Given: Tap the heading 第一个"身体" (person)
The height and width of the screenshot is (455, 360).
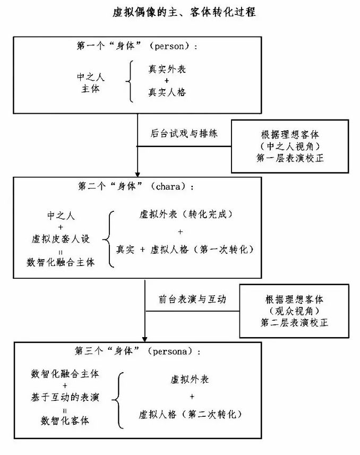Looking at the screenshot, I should (137, 46).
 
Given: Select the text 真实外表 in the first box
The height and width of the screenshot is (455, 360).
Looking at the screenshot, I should (167, 70).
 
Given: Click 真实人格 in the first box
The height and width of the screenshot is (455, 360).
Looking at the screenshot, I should (167, 92).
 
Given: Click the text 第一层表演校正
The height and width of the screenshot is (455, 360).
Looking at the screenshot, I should (289, 158).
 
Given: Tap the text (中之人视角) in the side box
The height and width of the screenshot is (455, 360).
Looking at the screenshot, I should (289, 145).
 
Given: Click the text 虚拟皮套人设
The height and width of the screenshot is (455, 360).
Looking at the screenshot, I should (61, 238).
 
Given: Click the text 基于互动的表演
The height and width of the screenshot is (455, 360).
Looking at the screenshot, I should (65, 397).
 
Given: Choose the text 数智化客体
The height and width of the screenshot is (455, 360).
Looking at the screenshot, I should (65, 420).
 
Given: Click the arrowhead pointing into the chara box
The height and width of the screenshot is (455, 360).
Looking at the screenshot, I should (138, 173).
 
